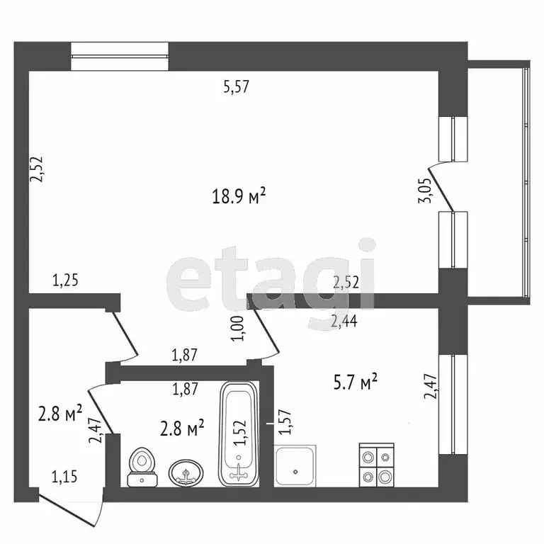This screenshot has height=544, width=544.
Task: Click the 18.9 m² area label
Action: point(239,197)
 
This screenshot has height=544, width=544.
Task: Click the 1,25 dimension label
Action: point(64,280)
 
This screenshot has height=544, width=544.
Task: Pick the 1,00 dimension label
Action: point(238,329)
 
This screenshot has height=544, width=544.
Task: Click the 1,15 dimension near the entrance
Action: point(64,479)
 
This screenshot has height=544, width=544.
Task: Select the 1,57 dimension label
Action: point(285,423)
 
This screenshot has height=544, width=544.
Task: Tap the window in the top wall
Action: point(120,57)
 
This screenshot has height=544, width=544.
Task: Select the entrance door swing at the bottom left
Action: point(71,509)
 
